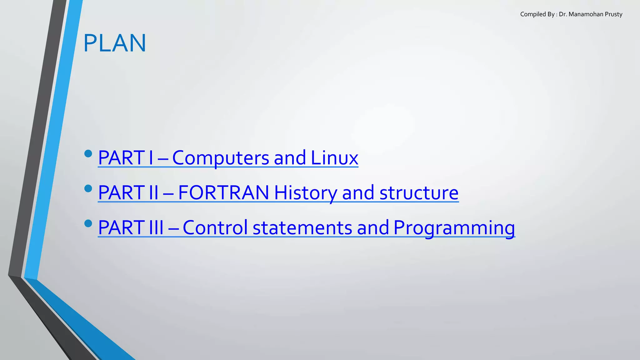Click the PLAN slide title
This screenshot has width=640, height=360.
[115, 43]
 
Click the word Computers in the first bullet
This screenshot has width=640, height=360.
[220, 158]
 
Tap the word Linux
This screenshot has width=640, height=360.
[334, 158]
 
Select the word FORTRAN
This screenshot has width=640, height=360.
[223, 192]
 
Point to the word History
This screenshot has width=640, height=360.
[305, 192]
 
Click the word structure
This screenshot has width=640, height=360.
[419, 192]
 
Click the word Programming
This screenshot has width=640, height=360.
[454, 227]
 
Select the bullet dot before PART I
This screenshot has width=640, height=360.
[88, 153]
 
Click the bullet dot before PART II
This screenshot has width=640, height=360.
[88, 188]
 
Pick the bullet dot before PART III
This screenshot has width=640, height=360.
[88, 223]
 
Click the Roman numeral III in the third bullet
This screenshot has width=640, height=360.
[156, 227]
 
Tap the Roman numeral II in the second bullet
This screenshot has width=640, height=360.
[154, 192]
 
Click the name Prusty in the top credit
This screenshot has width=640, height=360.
[614, 14]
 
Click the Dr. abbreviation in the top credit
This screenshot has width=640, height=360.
[563, 14]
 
